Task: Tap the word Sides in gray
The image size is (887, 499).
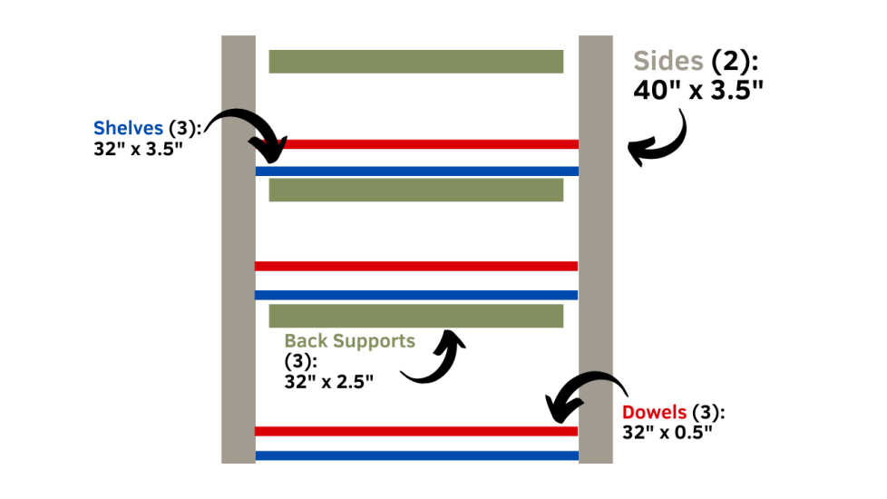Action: (x=668, y=62)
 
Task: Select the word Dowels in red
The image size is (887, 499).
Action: (x=654, y=413)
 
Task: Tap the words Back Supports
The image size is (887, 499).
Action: (x=349, y=341)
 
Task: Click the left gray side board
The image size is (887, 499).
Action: (x=239, y=249)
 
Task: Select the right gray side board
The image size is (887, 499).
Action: (x=596, y=249)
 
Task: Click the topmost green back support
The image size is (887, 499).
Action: (x=416, y=61)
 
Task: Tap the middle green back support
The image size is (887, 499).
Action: (x=416, y=190)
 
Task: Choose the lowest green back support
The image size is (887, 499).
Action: (x=416, y=316)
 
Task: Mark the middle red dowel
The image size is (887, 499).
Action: (x=416, y=266)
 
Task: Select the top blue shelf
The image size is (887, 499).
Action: (x=416, y=171)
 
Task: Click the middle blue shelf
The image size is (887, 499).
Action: (x=416, y=295)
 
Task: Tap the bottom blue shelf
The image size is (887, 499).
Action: (x=416, y=455)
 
